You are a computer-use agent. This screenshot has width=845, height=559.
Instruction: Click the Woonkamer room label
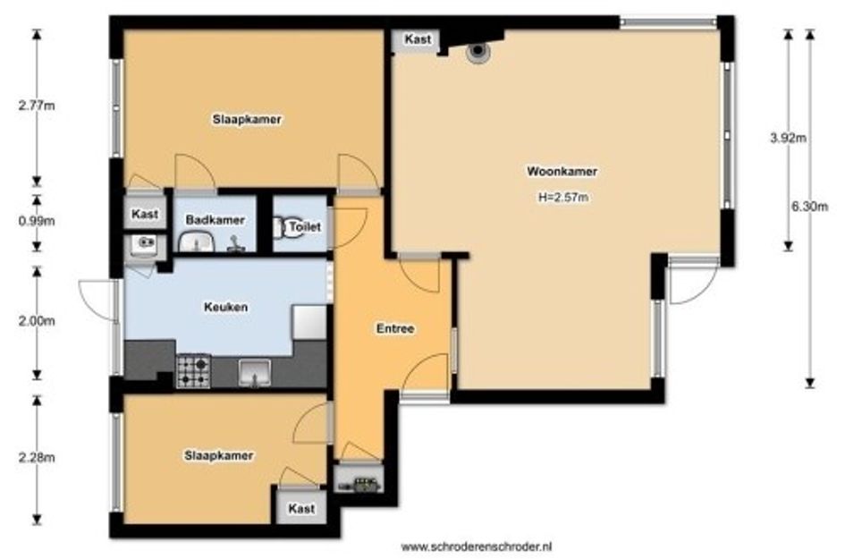[562, 172]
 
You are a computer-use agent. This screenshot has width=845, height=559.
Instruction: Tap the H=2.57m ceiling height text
[563, 198]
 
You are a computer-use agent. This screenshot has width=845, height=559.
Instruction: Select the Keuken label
[226, 308]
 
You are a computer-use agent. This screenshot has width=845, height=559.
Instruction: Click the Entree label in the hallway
[395, 328]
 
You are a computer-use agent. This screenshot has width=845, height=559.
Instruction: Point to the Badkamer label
[215, 220]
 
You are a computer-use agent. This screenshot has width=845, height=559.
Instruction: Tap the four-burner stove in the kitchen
[193, 371]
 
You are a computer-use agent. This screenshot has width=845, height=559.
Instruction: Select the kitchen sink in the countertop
[254, 373]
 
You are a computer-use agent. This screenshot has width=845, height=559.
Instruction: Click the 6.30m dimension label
[809, 207]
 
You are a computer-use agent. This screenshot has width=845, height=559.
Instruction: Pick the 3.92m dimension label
[788, 138]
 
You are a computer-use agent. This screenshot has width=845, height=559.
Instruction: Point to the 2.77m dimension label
[37, 106]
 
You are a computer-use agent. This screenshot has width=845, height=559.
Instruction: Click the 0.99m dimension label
[37, 221]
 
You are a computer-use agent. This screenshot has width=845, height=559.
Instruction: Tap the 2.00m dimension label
[37, 321]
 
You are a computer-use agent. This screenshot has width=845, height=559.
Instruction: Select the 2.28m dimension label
[37, 458]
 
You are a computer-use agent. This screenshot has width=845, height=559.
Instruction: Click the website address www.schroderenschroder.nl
[477, 546]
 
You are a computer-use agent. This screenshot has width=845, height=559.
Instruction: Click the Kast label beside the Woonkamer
[418, 39]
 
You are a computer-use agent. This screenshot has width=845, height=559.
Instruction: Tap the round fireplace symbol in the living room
[477, 51]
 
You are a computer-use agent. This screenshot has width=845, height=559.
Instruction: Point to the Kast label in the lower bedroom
[301, 508]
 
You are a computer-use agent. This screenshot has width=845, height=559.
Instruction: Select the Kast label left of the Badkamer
[145, 214]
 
